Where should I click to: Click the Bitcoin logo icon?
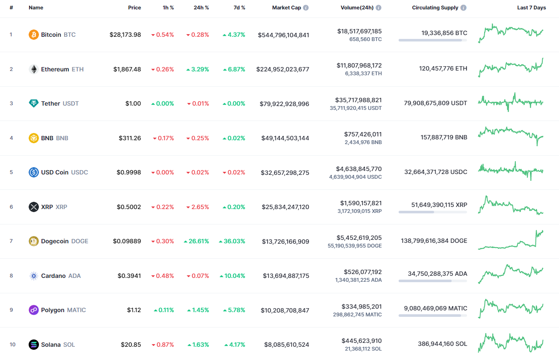click(x=34, y=35)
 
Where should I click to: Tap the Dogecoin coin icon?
click(x=34, y=241)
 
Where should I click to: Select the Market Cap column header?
click(x=287, y=8)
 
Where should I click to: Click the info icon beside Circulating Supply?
click(x=464, y=8)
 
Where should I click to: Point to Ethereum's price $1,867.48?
click(x=127, y=69)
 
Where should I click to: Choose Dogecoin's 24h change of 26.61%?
click(x=196, y=241)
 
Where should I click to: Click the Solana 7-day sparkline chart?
click(x=511, y=343)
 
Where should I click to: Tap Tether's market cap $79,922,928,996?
click(x=284, y=104)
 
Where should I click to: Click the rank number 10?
click(x=12, y=345)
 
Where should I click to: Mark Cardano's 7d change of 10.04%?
click(x=233, y=276)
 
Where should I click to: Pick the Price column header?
click(x=134, y=8)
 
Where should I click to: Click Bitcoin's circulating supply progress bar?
click(x=432, y=40)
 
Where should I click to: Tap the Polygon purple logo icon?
click(x=34, y=310)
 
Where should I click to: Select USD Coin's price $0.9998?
click(x=129, y=172)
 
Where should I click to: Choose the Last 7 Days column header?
click(x=531, y=8)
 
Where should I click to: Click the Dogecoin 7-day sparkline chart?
click(x=511, y=240)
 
